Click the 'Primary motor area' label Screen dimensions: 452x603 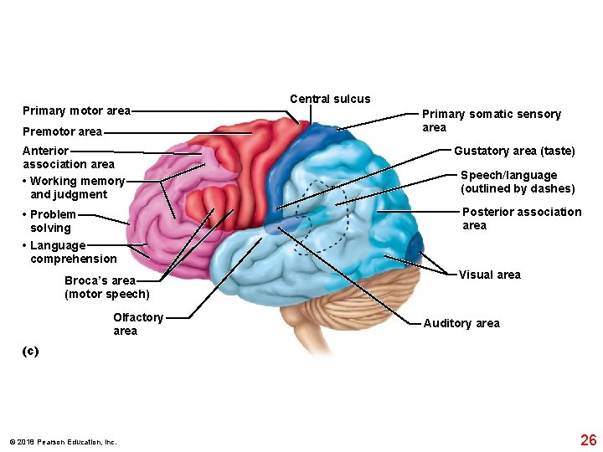tap(76, 110)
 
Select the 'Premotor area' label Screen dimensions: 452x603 tap(62, 131)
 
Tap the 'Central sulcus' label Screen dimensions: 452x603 tap(330, 99)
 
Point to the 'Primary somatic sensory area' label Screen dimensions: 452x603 tap(490, 121)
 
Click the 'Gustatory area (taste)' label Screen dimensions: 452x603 tap(514, 151)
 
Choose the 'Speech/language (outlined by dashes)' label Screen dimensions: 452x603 tap(518, 182)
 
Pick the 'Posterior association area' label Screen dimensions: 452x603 tap(521, 218)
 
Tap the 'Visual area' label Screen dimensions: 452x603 tap(489, 275)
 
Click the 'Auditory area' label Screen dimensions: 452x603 tap(461, 323)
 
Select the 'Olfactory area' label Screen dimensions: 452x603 tap(138, 324)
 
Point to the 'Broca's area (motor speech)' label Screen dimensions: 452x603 tap(106, 287)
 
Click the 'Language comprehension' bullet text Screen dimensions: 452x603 tap(72, 252)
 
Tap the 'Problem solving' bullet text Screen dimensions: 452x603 tap(53, 221)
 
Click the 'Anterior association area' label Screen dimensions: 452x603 tap(68, 157)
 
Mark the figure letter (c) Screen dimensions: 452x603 tap(30, 352)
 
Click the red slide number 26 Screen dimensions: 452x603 tap(588, 440)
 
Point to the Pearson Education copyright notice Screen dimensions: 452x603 tap(63, 442)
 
